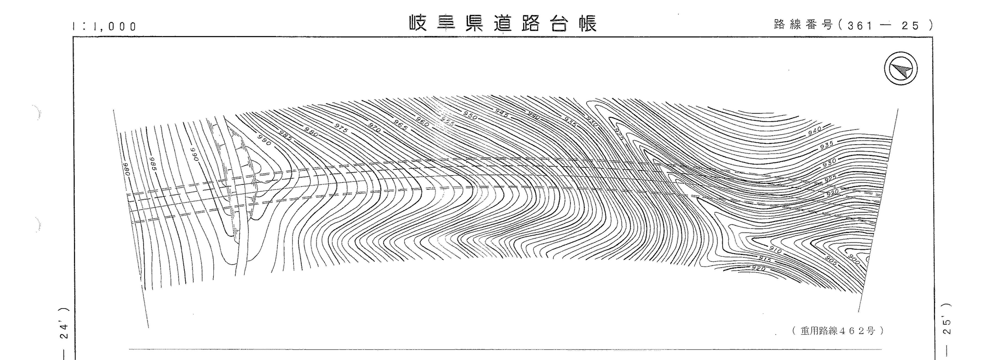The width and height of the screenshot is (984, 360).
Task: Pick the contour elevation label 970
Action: coord(374,127)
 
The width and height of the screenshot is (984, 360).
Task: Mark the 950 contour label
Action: coord(470,115)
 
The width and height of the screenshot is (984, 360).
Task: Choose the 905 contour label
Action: coord(828,261)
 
